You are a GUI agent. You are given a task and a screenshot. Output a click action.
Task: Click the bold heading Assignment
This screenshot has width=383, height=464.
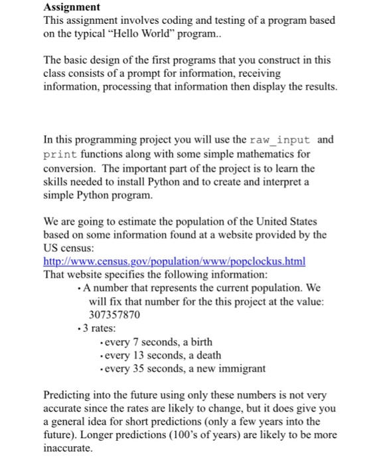pos(71,8)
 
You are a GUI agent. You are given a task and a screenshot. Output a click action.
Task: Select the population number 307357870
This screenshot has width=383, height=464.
pos(114,315)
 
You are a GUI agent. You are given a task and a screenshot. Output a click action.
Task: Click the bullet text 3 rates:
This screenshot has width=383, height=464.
pos(102,329)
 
